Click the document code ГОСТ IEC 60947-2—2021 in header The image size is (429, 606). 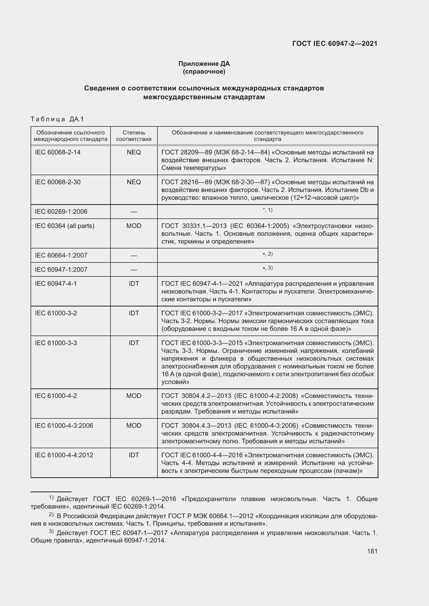click(335, 44)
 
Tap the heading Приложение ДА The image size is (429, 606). click(204, 64)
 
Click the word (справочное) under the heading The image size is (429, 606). click(204, 72)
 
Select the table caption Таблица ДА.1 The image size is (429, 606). click(57, 119)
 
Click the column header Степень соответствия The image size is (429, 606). click(134, 136)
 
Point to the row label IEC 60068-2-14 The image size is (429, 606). click(58, 152)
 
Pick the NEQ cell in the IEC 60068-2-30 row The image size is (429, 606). click(134, 182)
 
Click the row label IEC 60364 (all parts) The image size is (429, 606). click(65, 226)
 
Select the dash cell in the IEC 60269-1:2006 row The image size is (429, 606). click(134, 212)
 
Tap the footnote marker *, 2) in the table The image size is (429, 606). click(267, 254)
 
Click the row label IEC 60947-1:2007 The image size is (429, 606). click(61, 269)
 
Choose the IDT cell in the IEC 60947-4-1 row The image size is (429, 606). click(134, 283)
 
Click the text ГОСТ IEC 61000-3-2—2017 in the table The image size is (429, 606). click(202, 313)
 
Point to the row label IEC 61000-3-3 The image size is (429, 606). click(56, 343)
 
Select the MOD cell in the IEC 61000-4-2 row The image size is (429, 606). click(134, 396)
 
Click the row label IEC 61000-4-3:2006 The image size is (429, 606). click(64, 425)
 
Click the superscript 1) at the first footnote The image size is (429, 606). click(51, 497)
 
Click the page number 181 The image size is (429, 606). click(372, 551)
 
